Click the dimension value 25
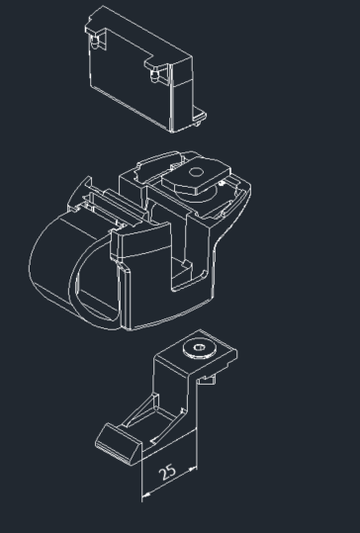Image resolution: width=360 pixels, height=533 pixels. (x=167, y=472)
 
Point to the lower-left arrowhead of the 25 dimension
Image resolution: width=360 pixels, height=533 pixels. (x=145, y=493)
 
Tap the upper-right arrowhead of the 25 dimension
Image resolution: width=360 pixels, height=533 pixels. (x=193, y=470)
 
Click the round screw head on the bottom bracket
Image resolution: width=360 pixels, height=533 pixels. (x=199, y=348)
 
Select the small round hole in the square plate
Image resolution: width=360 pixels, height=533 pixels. (x=196, y=172)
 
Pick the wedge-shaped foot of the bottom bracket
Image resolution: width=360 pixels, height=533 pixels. (x=118, y=444)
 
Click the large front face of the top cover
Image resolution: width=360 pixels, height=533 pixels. (x=130, y=80)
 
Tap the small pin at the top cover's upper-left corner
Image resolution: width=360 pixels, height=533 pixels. (x=95, y=42)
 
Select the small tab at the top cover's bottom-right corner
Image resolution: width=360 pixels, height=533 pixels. (x=199, y=117)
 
